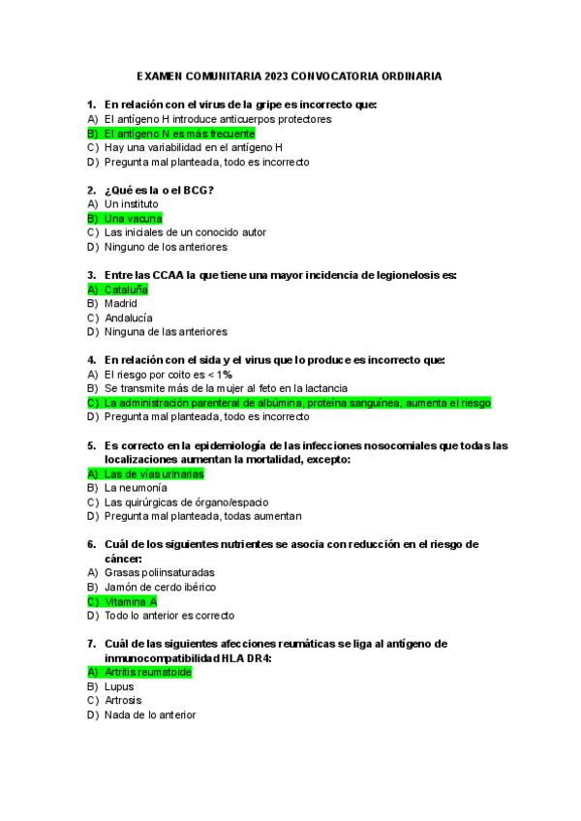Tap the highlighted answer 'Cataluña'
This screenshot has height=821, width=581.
pos(126,289)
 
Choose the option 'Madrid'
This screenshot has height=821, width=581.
pos(121,304)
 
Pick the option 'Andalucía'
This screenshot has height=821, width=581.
pos(129,318)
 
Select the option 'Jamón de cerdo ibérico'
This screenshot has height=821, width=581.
pos(160,587)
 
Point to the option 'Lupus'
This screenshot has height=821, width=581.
pos(119,686)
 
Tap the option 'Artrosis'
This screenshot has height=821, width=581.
pos(123,700)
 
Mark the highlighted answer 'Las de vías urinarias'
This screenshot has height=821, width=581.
pos(154,474)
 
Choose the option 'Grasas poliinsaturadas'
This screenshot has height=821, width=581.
pos(159,573)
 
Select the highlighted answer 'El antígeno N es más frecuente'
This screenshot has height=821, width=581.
pos(179,134)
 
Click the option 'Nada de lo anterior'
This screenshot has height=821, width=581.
pos(150,715)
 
